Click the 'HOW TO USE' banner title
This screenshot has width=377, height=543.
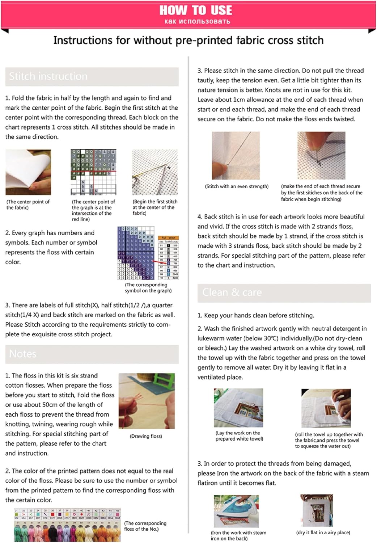pos(196,10)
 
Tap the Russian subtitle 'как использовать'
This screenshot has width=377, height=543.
pos(197,21)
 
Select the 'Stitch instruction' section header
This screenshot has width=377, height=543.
pos(48,76)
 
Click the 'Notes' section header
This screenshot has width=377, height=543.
pos(23,354)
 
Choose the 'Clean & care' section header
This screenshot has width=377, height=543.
pos(232,292)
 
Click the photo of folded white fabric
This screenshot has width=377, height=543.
pos(28,172)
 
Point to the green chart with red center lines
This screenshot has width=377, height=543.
pos(93,172)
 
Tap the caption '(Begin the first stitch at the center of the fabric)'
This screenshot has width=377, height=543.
pos(155,207)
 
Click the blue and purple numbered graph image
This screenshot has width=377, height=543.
pos(136,253)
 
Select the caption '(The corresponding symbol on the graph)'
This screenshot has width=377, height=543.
pos(148,288)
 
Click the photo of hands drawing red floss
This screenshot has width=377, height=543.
pos(147,401)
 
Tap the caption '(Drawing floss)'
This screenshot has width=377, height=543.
pos(146,436)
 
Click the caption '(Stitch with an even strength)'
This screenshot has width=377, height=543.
pos(237,186)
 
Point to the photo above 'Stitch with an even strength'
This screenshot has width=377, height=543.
pos(236,156)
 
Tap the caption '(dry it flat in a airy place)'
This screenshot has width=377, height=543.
pos(323,533)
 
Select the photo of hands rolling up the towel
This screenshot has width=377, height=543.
pos(326,408)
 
